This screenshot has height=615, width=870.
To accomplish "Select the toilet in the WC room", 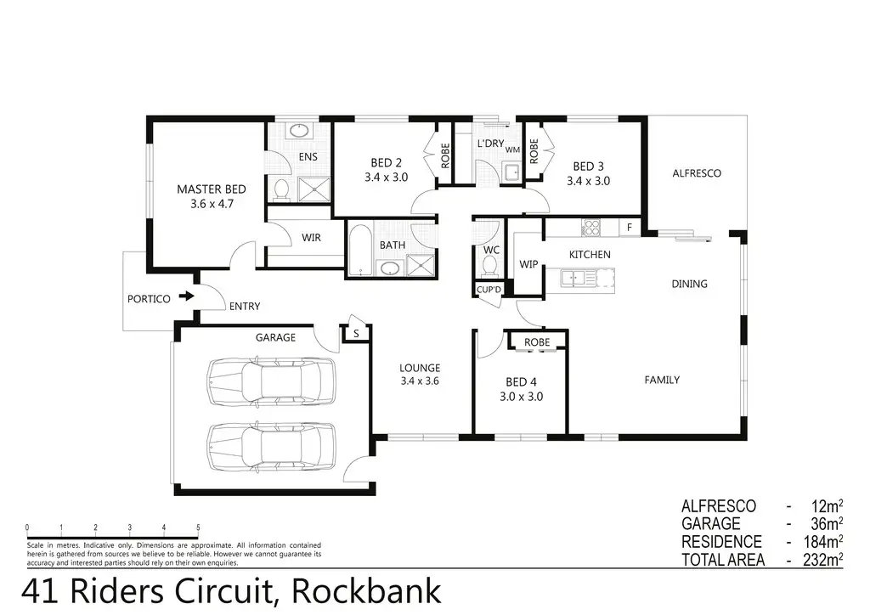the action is click(x=489, y=267).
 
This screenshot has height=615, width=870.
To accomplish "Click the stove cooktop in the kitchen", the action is click(x=590, y=227).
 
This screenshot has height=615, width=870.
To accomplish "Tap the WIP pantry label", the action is click(x=529, y=264).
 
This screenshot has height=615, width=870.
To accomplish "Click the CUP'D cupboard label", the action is click(x=489, y=291).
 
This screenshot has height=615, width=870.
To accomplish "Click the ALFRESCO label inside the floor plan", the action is click(x=697, y=173).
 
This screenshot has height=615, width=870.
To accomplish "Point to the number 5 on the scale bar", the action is click(x=198, y=527).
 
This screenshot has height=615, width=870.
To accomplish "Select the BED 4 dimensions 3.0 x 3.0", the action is click(x=521, y=396).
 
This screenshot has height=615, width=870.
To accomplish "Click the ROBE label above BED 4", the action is click(x=536, y=342).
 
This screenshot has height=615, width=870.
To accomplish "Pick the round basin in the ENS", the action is click(x=298, y=132).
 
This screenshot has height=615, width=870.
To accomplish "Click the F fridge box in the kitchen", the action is click(x=630, y=227).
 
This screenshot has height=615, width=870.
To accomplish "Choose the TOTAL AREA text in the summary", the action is click(x=723, y=560).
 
